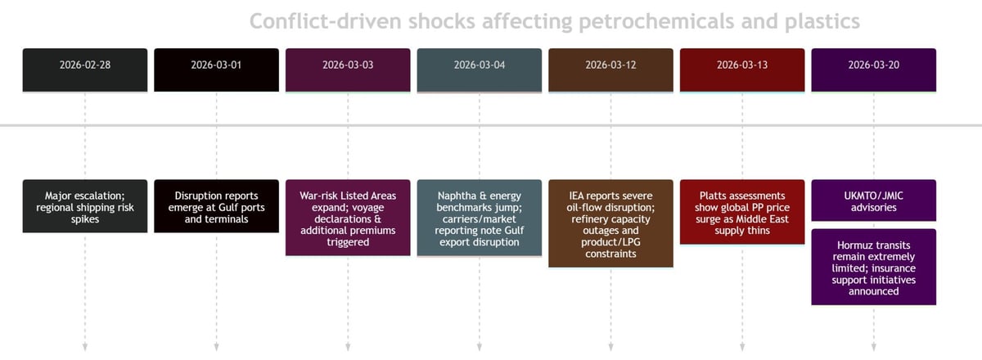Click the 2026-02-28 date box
(x=85, y=70)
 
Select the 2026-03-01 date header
(x=216, y=70)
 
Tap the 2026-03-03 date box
(x=348, y=70)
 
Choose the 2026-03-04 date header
(x=480, y=70)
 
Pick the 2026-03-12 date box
(x=610, y=70)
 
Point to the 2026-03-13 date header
(x=742, y=70)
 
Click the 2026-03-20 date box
(x=873, y=70)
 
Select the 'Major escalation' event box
(x=85, y=206)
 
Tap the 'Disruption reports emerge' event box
(x=216, y=206)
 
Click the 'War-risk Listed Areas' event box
(x=348, y=218)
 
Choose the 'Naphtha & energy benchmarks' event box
(x=480, y=218)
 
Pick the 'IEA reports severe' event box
(x=610, y=223)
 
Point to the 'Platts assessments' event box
(x=742, y=212)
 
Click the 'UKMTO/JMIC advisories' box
(x=873, y=200)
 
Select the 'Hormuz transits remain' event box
(x=873, y=267)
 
